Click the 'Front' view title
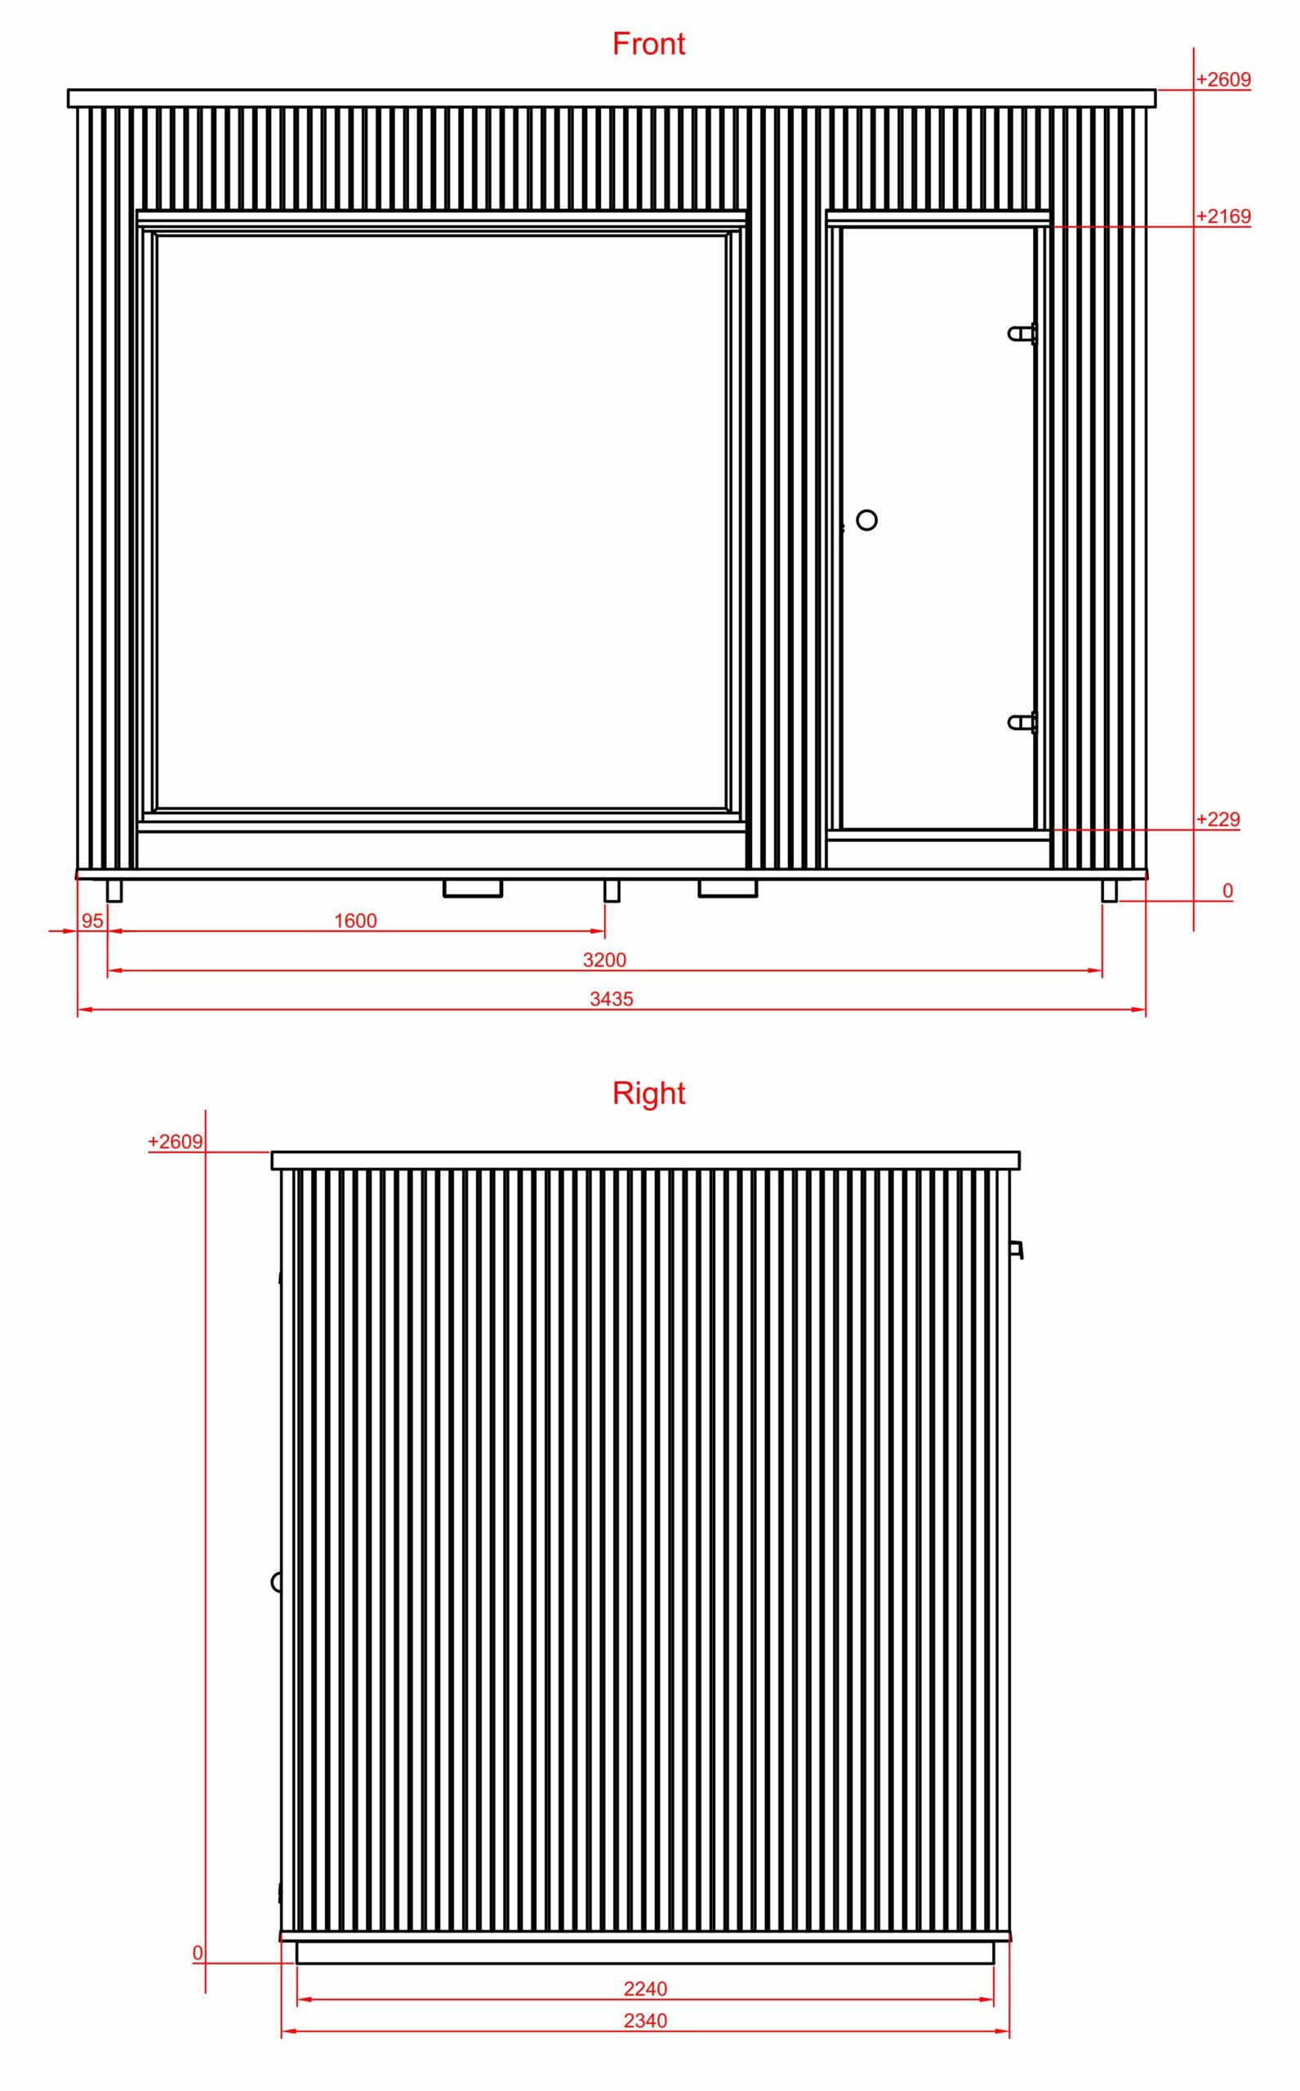648,44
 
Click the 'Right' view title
648,1093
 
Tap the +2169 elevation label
1222,216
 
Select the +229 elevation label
1218,819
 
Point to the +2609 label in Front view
1222,79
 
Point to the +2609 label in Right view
176,1141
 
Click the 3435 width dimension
612,998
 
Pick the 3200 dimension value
604,960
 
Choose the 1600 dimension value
355,921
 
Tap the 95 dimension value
92,921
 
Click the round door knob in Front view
867,520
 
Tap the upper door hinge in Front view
1022,333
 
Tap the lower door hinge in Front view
1022,722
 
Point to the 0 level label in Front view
1227,891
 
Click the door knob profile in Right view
277,1582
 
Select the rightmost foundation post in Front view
1109,891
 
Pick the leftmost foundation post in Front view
114,891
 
